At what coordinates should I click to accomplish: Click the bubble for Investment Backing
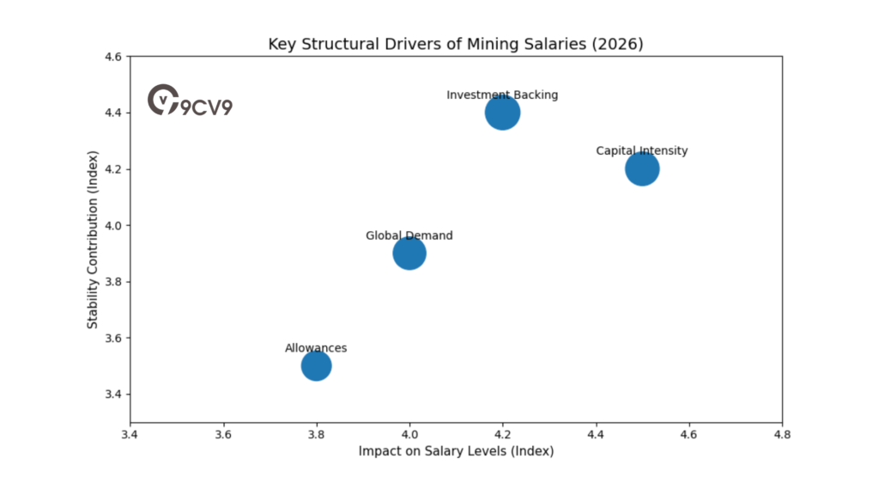pyautogui.click(x=502, y=112)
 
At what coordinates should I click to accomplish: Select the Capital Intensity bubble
pyautogui.click(x=642, y=168)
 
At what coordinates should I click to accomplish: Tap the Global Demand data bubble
pyautogui.click(x=409, y=253)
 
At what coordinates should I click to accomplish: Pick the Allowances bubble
pyautogui.click(x=316, y=366)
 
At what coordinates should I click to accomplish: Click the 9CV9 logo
pyautogui.click(x=190, y=101)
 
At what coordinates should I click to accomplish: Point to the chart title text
pyautogui.click(x=455, y=44)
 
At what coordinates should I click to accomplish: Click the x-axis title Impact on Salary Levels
pyautogui.click(x=456, y=451)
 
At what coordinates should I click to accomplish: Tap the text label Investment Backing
pyautogui.click(x=502, y=95)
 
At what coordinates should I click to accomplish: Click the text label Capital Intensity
pyautogui.click(x=642, y=151)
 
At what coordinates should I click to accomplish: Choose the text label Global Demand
pyautogui.click(x=409, y=235)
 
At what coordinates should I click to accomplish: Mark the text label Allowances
pyautogui.click(x=316, y=348)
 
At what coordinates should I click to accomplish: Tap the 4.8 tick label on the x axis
pyautogui.click(x=781, y=435)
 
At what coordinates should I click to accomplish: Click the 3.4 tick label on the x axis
pyautogui.click(x=130, y=435)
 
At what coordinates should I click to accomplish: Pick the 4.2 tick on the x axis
pyautogui.click(x=502, y=435)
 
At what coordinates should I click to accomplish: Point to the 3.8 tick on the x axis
pyautogui.click(x=317, y=435)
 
